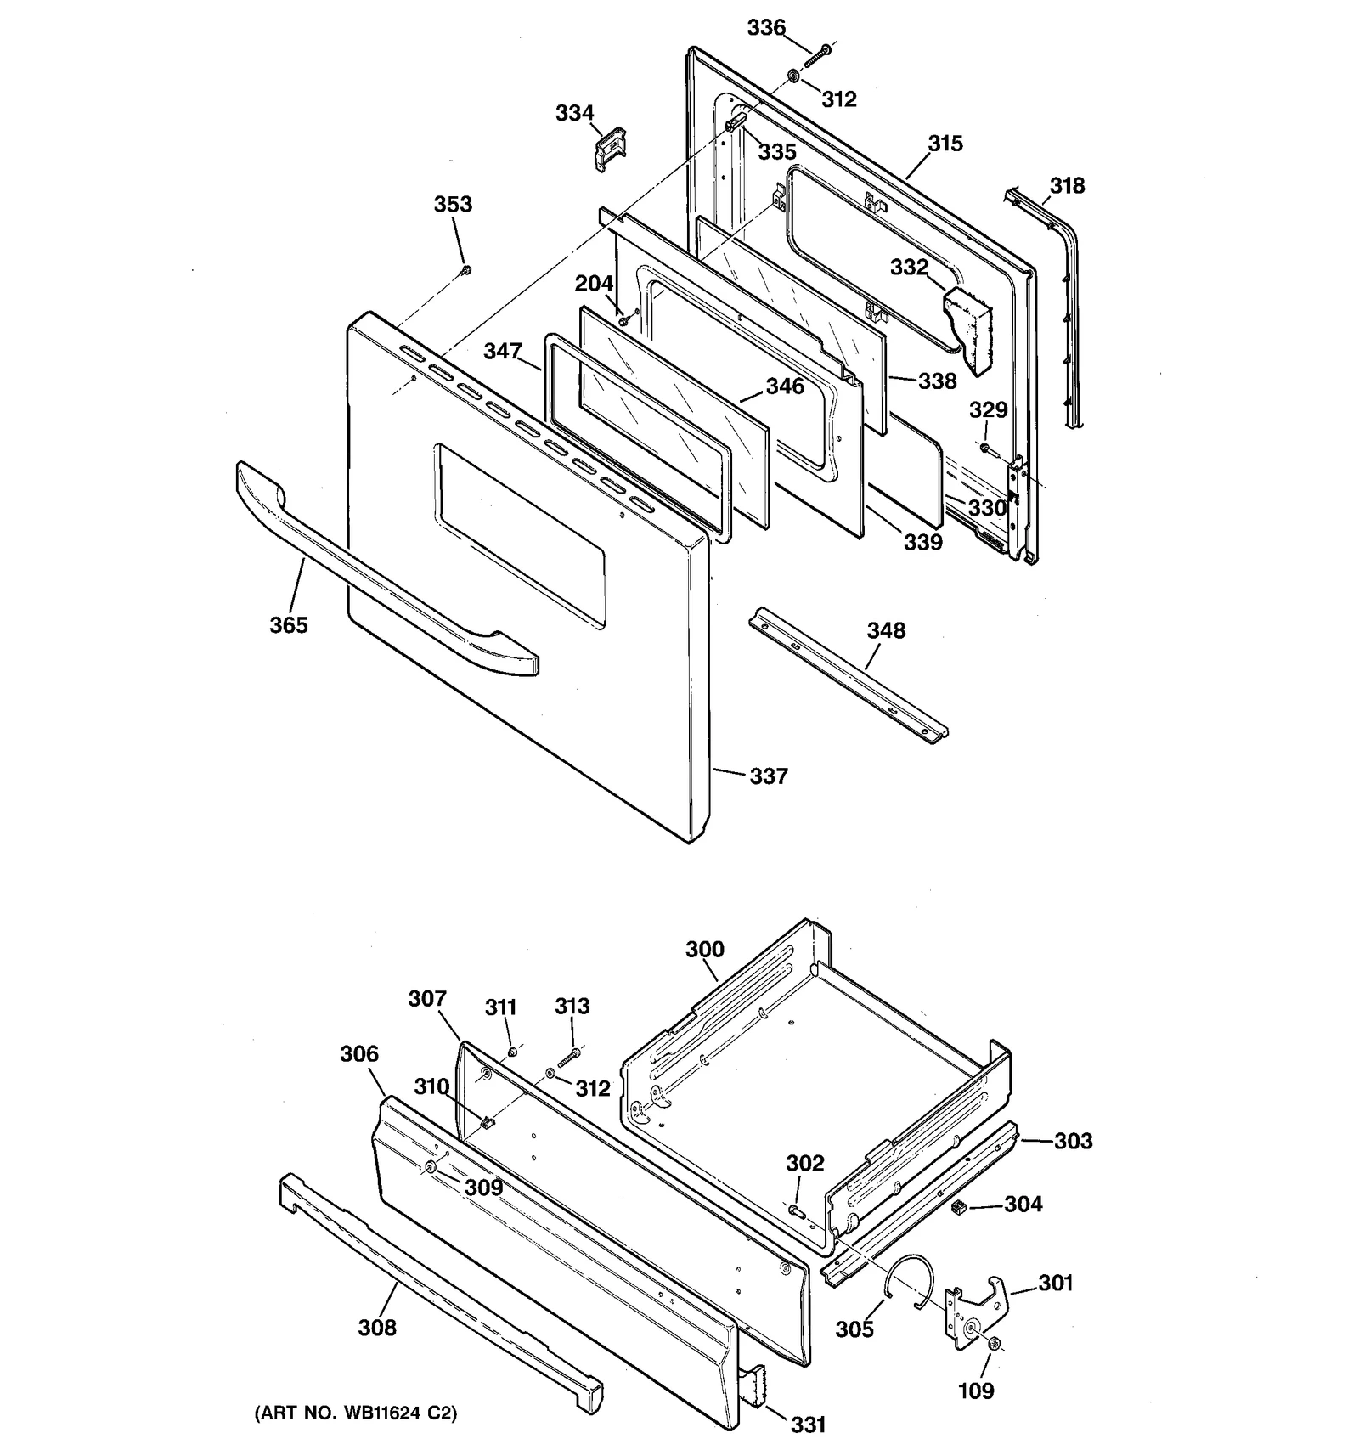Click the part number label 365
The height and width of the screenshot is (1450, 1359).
tap(289, 625)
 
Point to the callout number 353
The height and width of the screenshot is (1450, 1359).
tap(453, 205)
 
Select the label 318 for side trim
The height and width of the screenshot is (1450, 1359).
tap(1067, 186)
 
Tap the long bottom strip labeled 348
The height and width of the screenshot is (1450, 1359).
tap(849, 676)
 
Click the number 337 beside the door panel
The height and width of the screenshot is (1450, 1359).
tap(769, 776)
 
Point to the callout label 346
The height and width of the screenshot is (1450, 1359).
tap(784, 386)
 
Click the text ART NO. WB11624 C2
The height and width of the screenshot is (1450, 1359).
tap(356, 1413)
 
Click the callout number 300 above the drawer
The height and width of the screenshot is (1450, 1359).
tap(705, 949)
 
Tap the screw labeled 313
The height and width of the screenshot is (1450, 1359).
tap(569, 1056)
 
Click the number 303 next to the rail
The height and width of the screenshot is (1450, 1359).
tap(1073, 1141)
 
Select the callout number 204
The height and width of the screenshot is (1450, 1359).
tap(594, 284)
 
